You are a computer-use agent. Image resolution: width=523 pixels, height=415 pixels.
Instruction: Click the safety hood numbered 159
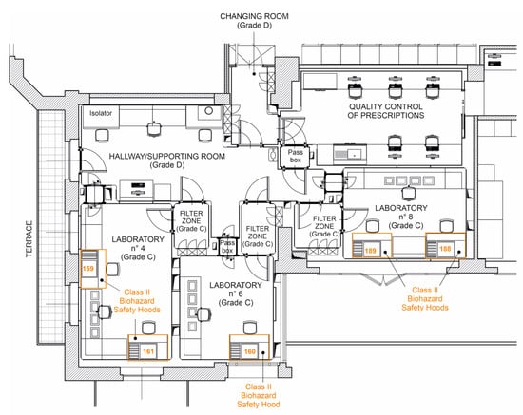point(93,269)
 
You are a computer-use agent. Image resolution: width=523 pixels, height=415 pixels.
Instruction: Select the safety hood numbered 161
point(147,348)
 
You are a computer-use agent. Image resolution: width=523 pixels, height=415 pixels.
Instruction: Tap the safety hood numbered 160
point(249,348)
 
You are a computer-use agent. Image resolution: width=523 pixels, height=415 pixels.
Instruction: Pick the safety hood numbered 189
point(372,245)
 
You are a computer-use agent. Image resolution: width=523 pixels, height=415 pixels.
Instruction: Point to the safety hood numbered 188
point(445,245)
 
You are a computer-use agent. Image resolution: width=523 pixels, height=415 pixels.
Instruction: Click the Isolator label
point(101,113)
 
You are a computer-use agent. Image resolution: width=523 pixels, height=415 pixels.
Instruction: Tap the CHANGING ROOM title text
point(254,16)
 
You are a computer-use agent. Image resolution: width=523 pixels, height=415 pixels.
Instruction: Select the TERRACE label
point(29,238)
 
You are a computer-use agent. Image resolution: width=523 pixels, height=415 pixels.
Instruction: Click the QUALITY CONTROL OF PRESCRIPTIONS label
point(386,111)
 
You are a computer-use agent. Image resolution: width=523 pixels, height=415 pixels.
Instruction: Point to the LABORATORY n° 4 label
point(138,248)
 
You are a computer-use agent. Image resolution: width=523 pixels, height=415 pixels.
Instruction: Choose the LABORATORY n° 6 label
point(236,293)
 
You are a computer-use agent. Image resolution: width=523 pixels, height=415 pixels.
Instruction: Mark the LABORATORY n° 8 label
point(401,217)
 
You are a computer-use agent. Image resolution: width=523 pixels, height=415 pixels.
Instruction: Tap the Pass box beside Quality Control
point(295,156)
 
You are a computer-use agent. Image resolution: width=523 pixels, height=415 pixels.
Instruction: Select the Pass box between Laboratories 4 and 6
point(227,247)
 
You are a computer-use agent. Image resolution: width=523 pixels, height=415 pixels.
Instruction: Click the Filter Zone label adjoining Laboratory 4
point(191,221)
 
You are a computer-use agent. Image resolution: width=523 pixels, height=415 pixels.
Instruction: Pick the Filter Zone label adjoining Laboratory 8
point(324,226)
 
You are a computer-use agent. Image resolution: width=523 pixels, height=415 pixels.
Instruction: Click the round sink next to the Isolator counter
point(209,111)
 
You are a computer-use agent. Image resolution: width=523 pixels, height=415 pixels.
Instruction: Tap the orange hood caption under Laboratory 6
point(258,396)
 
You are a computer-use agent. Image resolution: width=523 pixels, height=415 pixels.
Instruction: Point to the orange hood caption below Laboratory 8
point(425,299)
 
